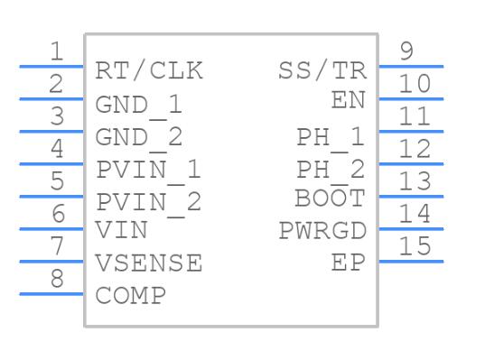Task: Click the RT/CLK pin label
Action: pyautogui.click(x=149, y=71)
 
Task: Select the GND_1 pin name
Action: pyautogui.click(x=138, y=106)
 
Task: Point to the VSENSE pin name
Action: pyautogui.click(x=149, y=263)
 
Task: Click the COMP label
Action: pyautogui.click(x=131, y=295)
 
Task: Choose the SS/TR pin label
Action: pyautogui.click(x=322, y=71)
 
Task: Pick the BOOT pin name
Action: pyautogui.click(x=331, y=198)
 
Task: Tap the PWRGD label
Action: pyautogui.click(x=322, y=230)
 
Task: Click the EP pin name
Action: pyautogui.click(x=349, y=263)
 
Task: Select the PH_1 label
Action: pyautogui.click(x=331, y=138)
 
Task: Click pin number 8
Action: pyautogui.click(x=58, y=279)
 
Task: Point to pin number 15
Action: pyautogui.click(x=415, y=245)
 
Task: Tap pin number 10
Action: pyautogui.click(x=415, y=83)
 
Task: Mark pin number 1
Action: pyautogui.click(x=57, y=51)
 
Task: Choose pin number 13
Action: pyautogui.click(x=415, y=180)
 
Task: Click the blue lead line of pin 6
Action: pyautogui.click(x=51, y=229)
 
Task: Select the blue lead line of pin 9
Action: pyautogui.click(x=411, y=67)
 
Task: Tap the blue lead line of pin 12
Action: pyautogui.click(x=411, y=164)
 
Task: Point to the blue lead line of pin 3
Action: pyautogui.click(x=51, y=132)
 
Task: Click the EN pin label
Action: pyautogui.click(x=349, y=100)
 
